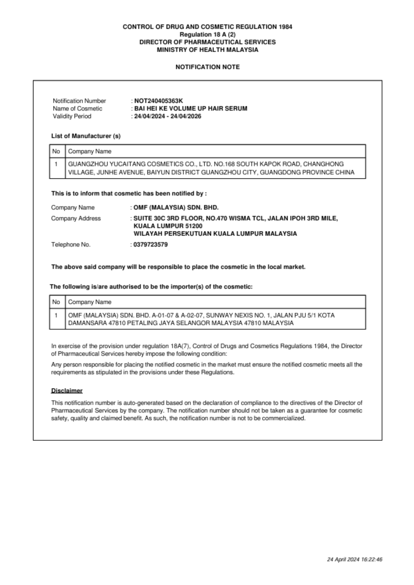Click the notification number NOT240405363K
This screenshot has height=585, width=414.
coord(158,101)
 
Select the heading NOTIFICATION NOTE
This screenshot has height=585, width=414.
coord(207,67)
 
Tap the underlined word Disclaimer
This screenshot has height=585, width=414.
coord(67,391)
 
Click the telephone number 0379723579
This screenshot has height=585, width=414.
coord(150,245)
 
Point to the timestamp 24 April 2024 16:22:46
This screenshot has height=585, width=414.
coord(354,560)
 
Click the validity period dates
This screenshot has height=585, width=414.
coord(167,116)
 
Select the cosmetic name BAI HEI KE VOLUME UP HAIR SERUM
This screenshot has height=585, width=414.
coord(191,109)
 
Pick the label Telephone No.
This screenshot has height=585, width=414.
coord(71,245)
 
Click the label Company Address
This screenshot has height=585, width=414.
coord(76,218)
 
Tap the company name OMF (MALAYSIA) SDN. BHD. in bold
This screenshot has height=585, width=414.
coord(176,208)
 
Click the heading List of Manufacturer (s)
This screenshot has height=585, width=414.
coord(86,136)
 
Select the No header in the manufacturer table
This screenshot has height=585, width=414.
coord(56,152)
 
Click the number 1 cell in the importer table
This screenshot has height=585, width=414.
coord(56,315)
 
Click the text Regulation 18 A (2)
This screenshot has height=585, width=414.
coord(207,35)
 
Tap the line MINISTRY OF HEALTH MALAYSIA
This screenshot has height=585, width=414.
coord(207,50)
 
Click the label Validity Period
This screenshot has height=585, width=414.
coord(72,116)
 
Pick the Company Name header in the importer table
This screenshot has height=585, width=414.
coord(90,302)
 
